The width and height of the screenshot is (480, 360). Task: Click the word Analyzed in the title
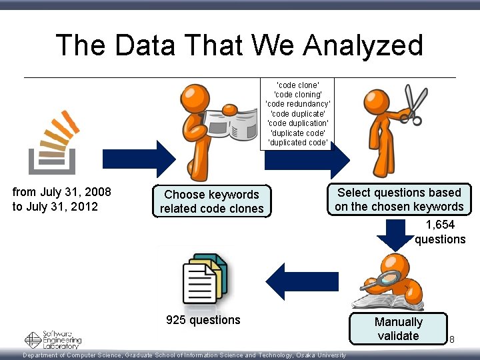363,45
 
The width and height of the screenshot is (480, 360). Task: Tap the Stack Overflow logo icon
53,141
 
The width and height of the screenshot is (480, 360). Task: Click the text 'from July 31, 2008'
62,192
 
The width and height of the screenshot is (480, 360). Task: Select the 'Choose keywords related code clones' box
211,201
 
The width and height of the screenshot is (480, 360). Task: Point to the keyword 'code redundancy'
297,104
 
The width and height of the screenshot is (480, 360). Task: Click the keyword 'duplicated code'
297,142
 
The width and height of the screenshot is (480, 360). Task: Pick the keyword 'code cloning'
297,95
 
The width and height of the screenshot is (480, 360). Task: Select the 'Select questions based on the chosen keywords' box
399,199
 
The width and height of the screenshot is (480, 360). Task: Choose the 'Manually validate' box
398,329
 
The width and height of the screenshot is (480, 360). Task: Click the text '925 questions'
203,320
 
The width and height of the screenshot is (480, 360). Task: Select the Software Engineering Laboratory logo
53,339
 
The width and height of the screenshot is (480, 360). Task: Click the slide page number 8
451,340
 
